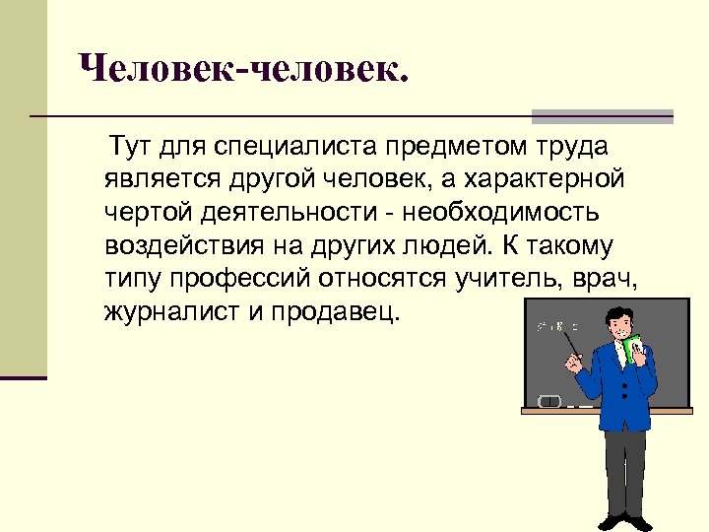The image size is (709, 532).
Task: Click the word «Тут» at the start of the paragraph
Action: [x=131, y=148]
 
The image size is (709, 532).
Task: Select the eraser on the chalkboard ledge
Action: [x=549, y=401]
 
